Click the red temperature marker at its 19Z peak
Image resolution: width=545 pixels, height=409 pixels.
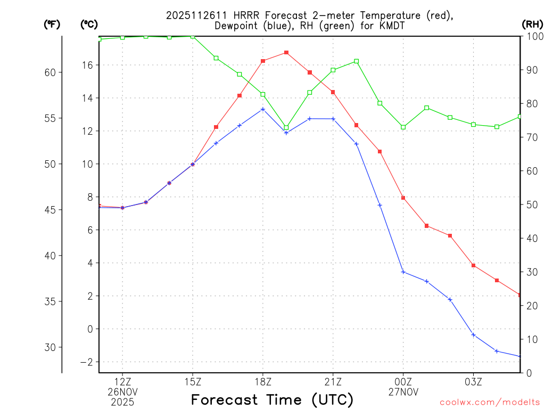(x=286, y=52)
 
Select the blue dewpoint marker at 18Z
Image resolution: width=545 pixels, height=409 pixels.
(x=263, y=109)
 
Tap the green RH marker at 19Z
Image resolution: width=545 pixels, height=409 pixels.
(x=286, y=128)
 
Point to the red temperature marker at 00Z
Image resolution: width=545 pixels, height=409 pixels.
(x=403, y=198)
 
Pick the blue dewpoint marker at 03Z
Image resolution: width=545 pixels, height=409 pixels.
(x=473, y=334)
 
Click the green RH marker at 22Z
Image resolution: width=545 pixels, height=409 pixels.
(x=357, y=61)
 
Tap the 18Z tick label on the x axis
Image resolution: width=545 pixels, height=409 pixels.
(x=263, y=381)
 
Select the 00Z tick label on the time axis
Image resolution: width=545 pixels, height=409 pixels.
(x=403, y=381)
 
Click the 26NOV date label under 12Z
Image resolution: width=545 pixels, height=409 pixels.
(x=123, y=392)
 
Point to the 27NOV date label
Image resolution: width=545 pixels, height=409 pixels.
(x=403, y=392)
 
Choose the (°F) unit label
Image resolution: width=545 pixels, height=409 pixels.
(x=52, y=24)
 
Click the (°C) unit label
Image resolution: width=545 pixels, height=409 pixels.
(x=88, y=24)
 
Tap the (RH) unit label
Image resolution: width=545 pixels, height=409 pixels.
(x=532, y=24)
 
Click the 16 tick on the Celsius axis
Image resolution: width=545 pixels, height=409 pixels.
(x=87, y=65)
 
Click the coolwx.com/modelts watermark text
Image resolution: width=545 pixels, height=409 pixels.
(x=490, y=402)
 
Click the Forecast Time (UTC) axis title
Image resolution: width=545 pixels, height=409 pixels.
(x=272, y=399)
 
